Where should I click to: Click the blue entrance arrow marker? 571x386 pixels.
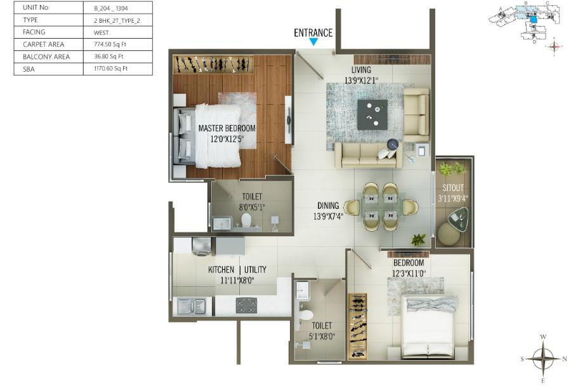click(x=313, y=43)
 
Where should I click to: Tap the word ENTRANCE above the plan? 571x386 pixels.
click(x=313, y=33)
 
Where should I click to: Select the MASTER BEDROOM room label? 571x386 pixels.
click(x=226, y=128)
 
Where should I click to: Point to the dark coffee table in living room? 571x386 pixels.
click(x=372, y=114)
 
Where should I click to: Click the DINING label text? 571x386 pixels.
click(x=329, y=206)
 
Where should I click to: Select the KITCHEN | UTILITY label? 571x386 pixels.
click(x=237, y=270)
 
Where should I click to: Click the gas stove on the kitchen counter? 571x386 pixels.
click(x=246, y=305)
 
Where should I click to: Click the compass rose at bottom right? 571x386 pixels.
click(x=542, y=358)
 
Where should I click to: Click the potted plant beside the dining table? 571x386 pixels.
click(x=418, y=239)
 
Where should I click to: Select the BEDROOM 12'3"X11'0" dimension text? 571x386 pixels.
click(x=409, y=274)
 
